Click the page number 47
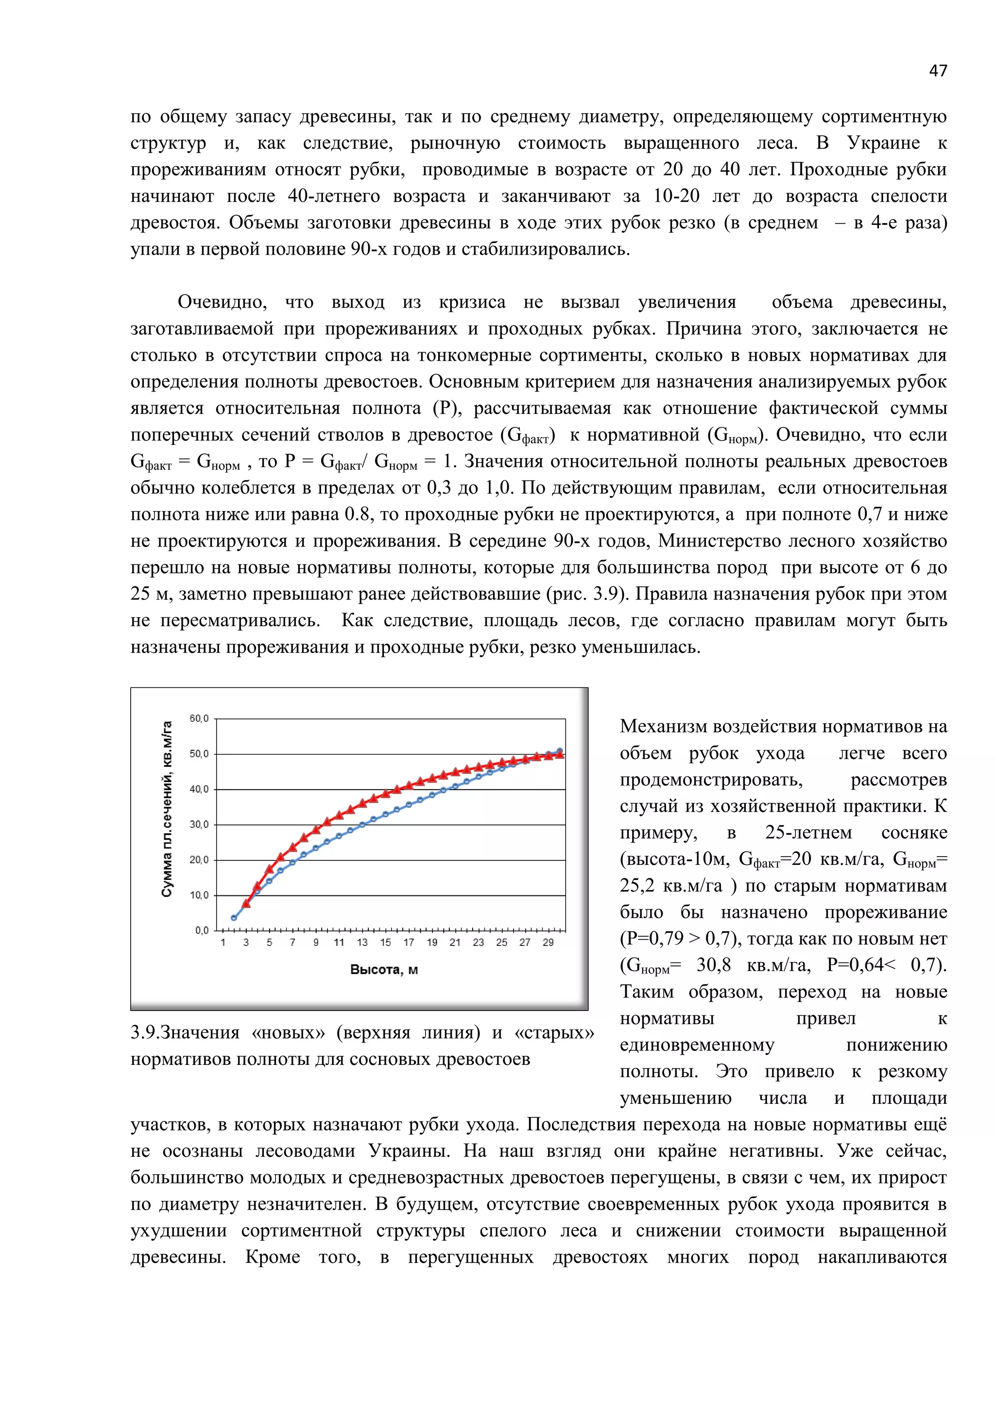[x=937, y=71]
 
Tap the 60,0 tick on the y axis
[x=199, y=718]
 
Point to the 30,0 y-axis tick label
[x=199, y=824]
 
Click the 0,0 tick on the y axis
[x=202, y=930]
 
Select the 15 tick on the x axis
[x=385, y=943]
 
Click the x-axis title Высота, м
[x=384, y=969]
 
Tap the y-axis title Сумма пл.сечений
[x=167, y=809]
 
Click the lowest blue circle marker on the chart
[x=233, y=918]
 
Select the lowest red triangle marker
[x=246, y=903]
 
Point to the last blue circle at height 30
[x=559, y=751]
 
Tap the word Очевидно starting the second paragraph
[x=223, y=302]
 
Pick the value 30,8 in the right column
[x=714, y=965]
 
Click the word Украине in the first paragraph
[x=883, y=143]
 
